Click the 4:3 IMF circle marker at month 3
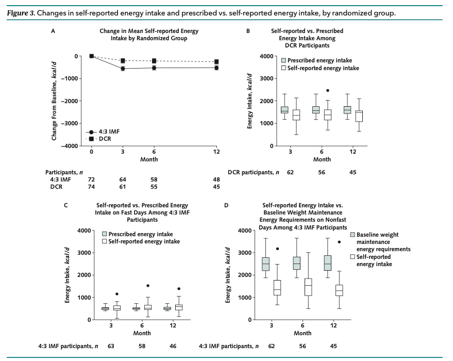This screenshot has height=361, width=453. pos(123,69)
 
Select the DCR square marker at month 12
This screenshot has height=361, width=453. pos(216,62)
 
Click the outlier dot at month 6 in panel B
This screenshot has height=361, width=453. pos(327,90)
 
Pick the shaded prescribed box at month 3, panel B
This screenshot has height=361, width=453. pos(284,109)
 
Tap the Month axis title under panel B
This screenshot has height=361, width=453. pos(322,160)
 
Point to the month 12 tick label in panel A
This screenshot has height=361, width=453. pos(216,152)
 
